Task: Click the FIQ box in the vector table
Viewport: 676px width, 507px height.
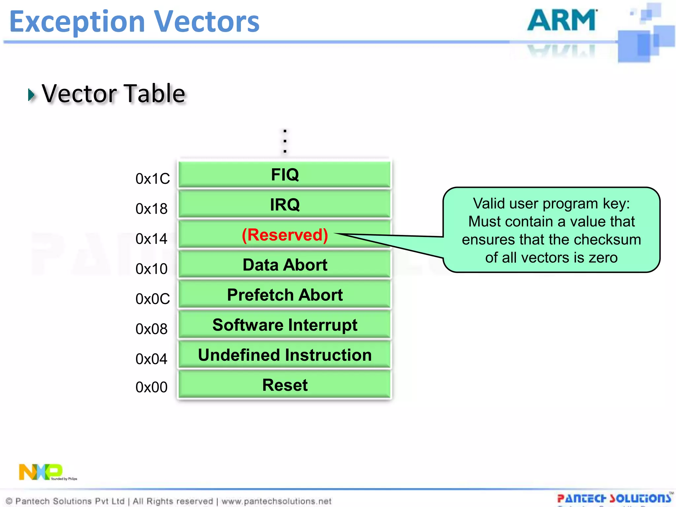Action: pyautogui.click(x=285, y=174)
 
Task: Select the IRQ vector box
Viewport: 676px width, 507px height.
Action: pyautogui.click(x=285, y=205)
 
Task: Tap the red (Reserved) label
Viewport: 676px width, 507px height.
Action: pyautogui.click(x=285, y=235)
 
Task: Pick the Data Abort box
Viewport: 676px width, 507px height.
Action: pyautogui.click(x=285, y=265)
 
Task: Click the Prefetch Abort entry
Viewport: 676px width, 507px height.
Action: pyautogui.click(x=285, y=295)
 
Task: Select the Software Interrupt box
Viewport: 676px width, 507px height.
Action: pyautogui.click(x=285, y=325)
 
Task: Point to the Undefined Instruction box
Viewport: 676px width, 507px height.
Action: pyautogui.click(x=285, y=355)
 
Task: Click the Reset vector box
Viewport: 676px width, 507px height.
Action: pyautogui.click(x=285, y=385)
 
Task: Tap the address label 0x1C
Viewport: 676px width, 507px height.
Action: pyautogui.click(x=152, y=179)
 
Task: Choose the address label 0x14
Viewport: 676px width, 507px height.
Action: pyautogui.click(x=151, y=239)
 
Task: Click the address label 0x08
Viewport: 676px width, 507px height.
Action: pyautogui.click(x=151, y=329)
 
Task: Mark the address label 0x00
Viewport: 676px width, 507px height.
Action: pyautogui.click(x=151, y=387)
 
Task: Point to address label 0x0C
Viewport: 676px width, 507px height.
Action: pyautogui.click(x=152, y=299)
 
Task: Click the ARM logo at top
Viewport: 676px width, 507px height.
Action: pyautogui.click(x=562, y=20)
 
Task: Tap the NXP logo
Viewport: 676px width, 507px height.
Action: pyautogui.click(x=41, y=472)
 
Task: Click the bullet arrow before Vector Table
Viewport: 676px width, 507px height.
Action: pyautogui.click(x=31, y=95)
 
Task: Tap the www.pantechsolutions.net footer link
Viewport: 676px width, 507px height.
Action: pyautogui.click(x=276, y=501)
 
